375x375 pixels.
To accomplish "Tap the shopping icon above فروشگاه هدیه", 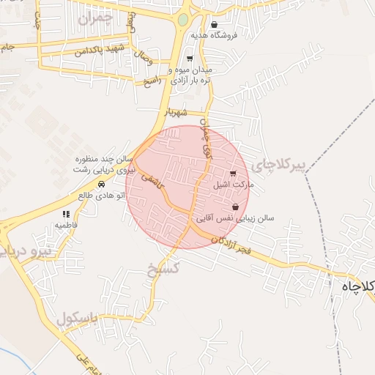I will pos(214,25).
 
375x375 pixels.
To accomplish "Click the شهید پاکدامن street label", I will pos(101,51).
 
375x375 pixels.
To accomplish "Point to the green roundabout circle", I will pos(183,21).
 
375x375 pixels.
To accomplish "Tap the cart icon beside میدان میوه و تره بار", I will pos(190,59).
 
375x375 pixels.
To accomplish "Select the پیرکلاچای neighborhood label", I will pos(278,166).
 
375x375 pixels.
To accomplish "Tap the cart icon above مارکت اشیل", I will pos(233,174).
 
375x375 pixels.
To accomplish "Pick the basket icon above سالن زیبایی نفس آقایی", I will pos(235,207).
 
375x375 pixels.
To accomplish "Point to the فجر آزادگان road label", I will pos(229,245).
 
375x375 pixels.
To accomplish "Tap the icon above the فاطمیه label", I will pos(66,215).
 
